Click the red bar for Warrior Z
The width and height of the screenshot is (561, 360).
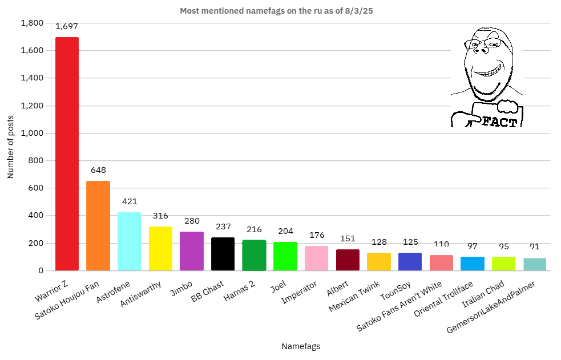[x=67, y=154]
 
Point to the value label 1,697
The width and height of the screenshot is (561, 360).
[x=67, y=26]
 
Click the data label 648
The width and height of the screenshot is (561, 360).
[x=98, y=170]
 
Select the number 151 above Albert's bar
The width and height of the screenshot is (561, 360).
[x=348, y=238]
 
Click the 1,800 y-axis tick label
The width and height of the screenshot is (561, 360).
[x=32, y=23]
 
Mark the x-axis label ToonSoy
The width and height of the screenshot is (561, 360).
[x=398, y=289]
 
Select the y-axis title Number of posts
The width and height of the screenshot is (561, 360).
[x=10, y=147]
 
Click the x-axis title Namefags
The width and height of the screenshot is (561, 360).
[x=301, y=346]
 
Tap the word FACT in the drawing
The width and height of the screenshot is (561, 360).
[x=499, y=122]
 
